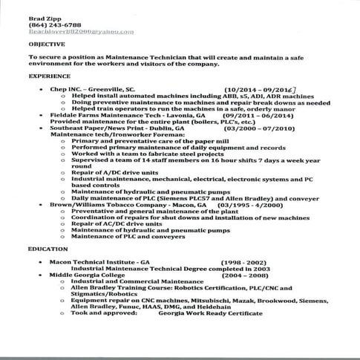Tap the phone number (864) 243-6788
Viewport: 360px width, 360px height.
[x=50, y=24]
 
